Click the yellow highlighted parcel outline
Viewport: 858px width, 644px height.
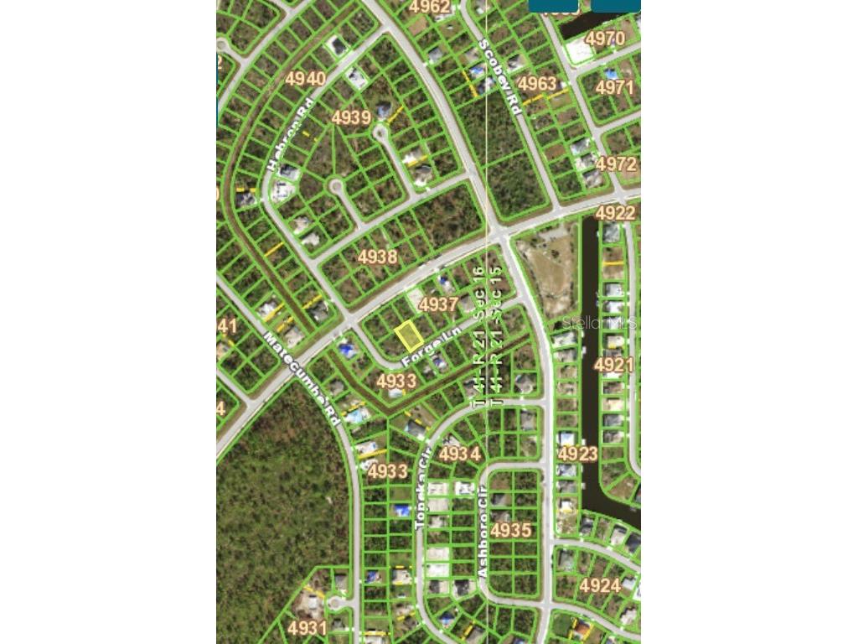click(x=408, y=336)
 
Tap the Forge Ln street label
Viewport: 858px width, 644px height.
click(x=432, y=348)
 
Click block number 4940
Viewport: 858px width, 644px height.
click(x=305, y=79)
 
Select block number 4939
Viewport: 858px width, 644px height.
click(x=351, y=117)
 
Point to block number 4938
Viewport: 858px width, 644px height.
click(x=377, y=257)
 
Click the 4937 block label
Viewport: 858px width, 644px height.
click(x=438, y=304)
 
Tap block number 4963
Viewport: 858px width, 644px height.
click(x=536, y=84)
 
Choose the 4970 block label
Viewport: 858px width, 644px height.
click(x=605, y=39)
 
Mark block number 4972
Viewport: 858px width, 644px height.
click(x=617, y=164)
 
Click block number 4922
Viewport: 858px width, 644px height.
click(x=616, y=213)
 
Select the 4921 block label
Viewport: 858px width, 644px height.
click(x=613, y=365)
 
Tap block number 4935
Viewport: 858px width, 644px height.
click(x=511, y=530)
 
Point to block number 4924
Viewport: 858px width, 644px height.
click(x=600, y=585)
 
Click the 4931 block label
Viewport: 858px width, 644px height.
click(x=307, y=627)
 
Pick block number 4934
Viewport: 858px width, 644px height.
click(x=460, y=454)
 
